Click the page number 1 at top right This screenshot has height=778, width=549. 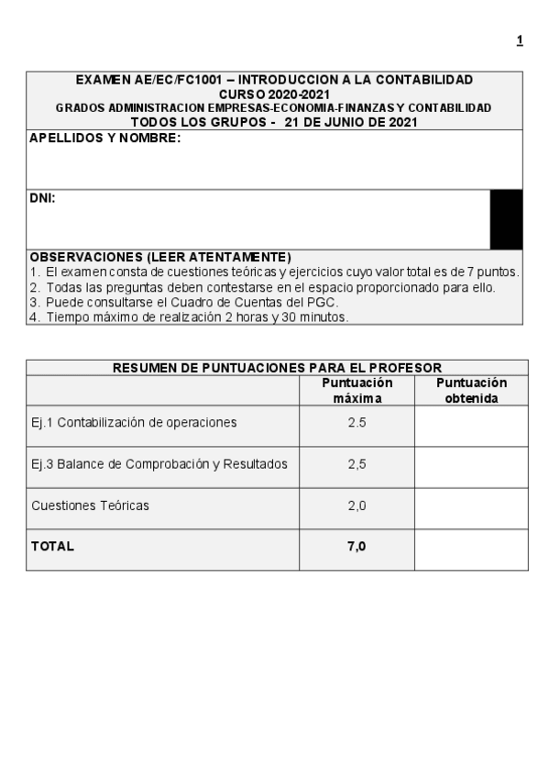520,40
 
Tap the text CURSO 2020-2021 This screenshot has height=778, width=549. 274,94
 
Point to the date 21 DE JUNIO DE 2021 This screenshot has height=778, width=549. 351,121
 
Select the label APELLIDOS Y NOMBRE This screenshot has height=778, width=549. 104,139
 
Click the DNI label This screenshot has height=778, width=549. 42,197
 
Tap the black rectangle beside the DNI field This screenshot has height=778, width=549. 506,219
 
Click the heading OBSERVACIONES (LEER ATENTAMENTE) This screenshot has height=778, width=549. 160,257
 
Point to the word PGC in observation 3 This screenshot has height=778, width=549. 324,302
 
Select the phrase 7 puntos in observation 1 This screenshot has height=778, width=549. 495,272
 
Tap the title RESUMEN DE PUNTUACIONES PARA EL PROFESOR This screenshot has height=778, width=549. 277,368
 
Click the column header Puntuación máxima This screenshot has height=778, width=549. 357,390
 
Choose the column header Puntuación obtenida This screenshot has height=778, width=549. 471,390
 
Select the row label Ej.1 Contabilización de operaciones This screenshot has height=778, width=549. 134,423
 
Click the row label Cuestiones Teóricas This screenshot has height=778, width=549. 90,506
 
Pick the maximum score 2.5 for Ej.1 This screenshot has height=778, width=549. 357,423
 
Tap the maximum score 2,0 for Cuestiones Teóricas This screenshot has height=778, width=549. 357,506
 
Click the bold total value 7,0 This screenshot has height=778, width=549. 357,546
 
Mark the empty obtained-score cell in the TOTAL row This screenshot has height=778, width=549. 471,549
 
